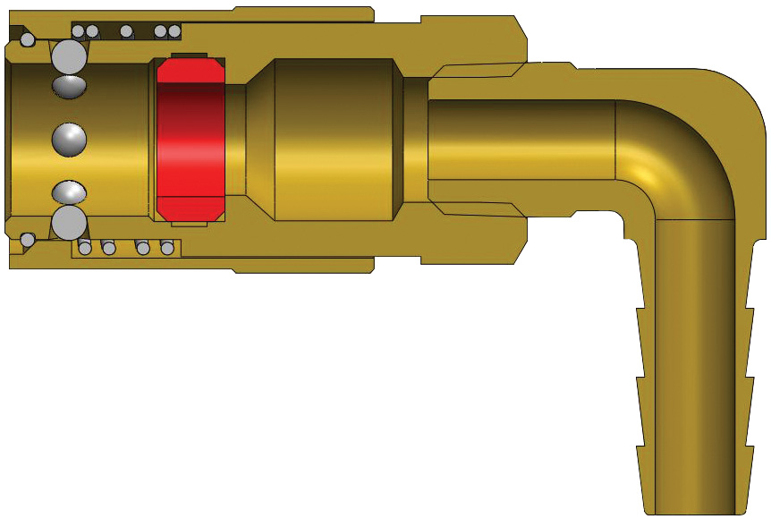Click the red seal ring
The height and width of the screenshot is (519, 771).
pyautogui.click(x=190, y=140)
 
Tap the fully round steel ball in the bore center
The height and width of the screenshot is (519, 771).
pyautogui.click(x=69, y=139)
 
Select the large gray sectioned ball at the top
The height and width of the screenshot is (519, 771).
pyautogui.click(x=70, y=56)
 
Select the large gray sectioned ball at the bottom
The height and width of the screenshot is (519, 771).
pyautogui.click(x=69, y=223)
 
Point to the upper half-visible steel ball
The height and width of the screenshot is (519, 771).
pyautogui.click(x=69, y=86)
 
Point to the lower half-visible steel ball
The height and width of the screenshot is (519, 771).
pyautogui.click(x=69, y=191)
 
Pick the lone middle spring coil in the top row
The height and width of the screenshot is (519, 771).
pyautogui.click(x=127, y=31)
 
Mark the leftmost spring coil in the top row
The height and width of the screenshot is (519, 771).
pyautogui.click(x=79, y=31)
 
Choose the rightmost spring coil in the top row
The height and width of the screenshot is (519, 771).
pyautogui.click(x=174, y=31)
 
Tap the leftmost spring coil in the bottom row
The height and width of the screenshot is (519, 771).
pyautogui.click(x=85, y=248)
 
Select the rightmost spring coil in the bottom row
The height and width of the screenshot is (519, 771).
pyautogui.click(x=167, y=248)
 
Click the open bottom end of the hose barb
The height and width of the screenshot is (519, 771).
pyautogui.click(x=698, y=510)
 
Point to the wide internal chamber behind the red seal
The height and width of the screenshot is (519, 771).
pyautogui.click(x=335, y=140)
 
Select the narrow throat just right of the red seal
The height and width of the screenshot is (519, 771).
pyautogui.click(x=236, y=140)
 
